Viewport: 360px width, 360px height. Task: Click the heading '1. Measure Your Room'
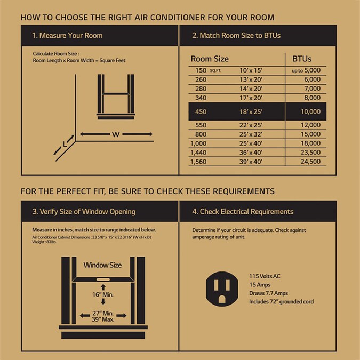pyautogui.click(x=67, y=36)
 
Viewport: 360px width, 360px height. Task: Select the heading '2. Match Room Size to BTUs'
pyautogui.click(x=236, y=36)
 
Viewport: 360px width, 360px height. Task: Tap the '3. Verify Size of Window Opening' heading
pyautogui.click(x=84, y=211)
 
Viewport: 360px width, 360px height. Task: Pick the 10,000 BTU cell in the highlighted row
pyautogui.click(x=310, y=111)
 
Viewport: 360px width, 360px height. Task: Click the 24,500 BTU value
pyautogui.click(x=310, y=162)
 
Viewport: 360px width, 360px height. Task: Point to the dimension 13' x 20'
pyautogui.click(x=251, y=79)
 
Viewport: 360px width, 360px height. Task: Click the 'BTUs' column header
pyautogui.click(x=302, y=59)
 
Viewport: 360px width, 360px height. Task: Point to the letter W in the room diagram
pyautogui.click(x=115, y=134)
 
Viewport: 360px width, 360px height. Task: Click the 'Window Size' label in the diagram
pyautogui.click(x=102, y=265)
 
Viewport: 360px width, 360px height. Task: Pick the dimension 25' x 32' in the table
pyautogui.click(x=251, y=134)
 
